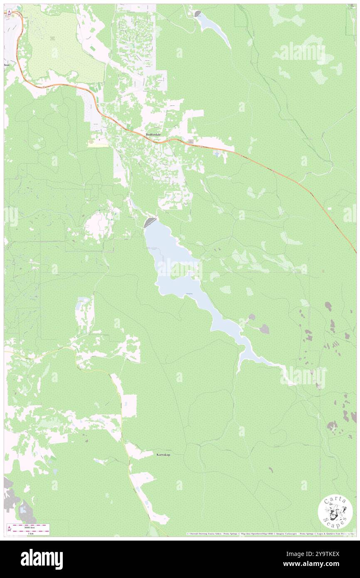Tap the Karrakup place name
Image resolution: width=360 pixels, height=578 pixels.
[x=164, y=454]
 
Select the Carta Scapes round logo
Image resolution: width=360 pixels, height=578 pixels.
[x=335, y=513]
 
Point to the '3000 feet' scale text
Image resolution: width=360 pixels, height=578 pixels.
[x=29, y=527]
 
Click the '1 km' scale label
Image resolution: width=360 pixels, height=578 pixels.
[x=29, y=533]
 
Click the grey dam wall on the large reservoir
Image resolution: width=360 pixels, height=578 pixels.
[x=150, y=222]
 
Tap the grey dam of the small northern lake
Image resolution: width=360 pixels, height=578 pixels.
[x=197, y=14]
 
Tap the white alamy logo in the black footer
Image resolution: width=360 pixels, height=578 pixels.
[x=42, y=559]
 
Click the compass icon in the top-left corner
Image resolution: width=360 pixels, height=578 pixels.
[x=9, y=13]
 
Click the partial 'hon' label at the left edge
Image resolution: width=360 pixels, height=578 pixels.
[x=7, y=65]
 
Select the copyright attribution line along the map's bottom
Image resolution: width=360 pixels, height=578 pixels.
[x=270, y=534]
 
